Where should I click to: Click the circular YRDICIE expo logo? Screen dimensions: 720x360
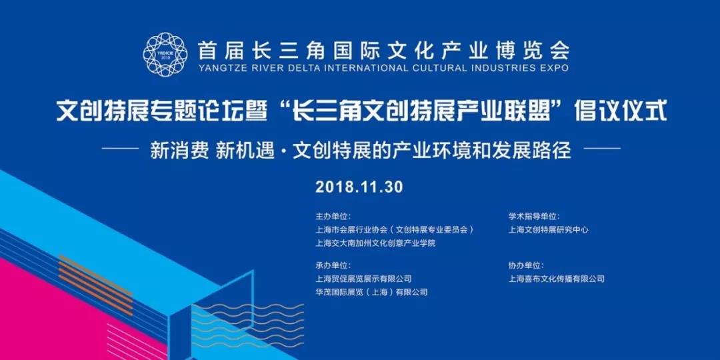[165, 54]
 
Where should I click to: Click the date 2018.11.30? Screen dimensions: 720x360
[359, 187]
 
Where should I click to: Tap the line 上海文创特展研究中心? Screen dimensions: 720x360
[548, 230]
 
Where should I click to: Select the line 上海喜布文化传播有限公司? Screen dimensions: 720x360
[557, 279]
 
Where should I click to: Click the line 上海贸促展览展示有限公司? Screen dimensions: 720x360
[363, 279]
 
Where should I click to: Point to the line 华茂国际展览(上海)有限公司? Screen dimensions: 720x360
[371, 292]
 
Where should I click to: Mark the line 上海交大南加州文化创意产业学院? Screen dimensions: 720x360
[375, 243]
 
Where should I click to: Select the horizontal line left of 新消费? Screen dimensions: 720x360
[120, 148]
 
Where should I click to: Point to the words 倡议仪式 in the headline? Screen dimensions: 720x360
[621, 112]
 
